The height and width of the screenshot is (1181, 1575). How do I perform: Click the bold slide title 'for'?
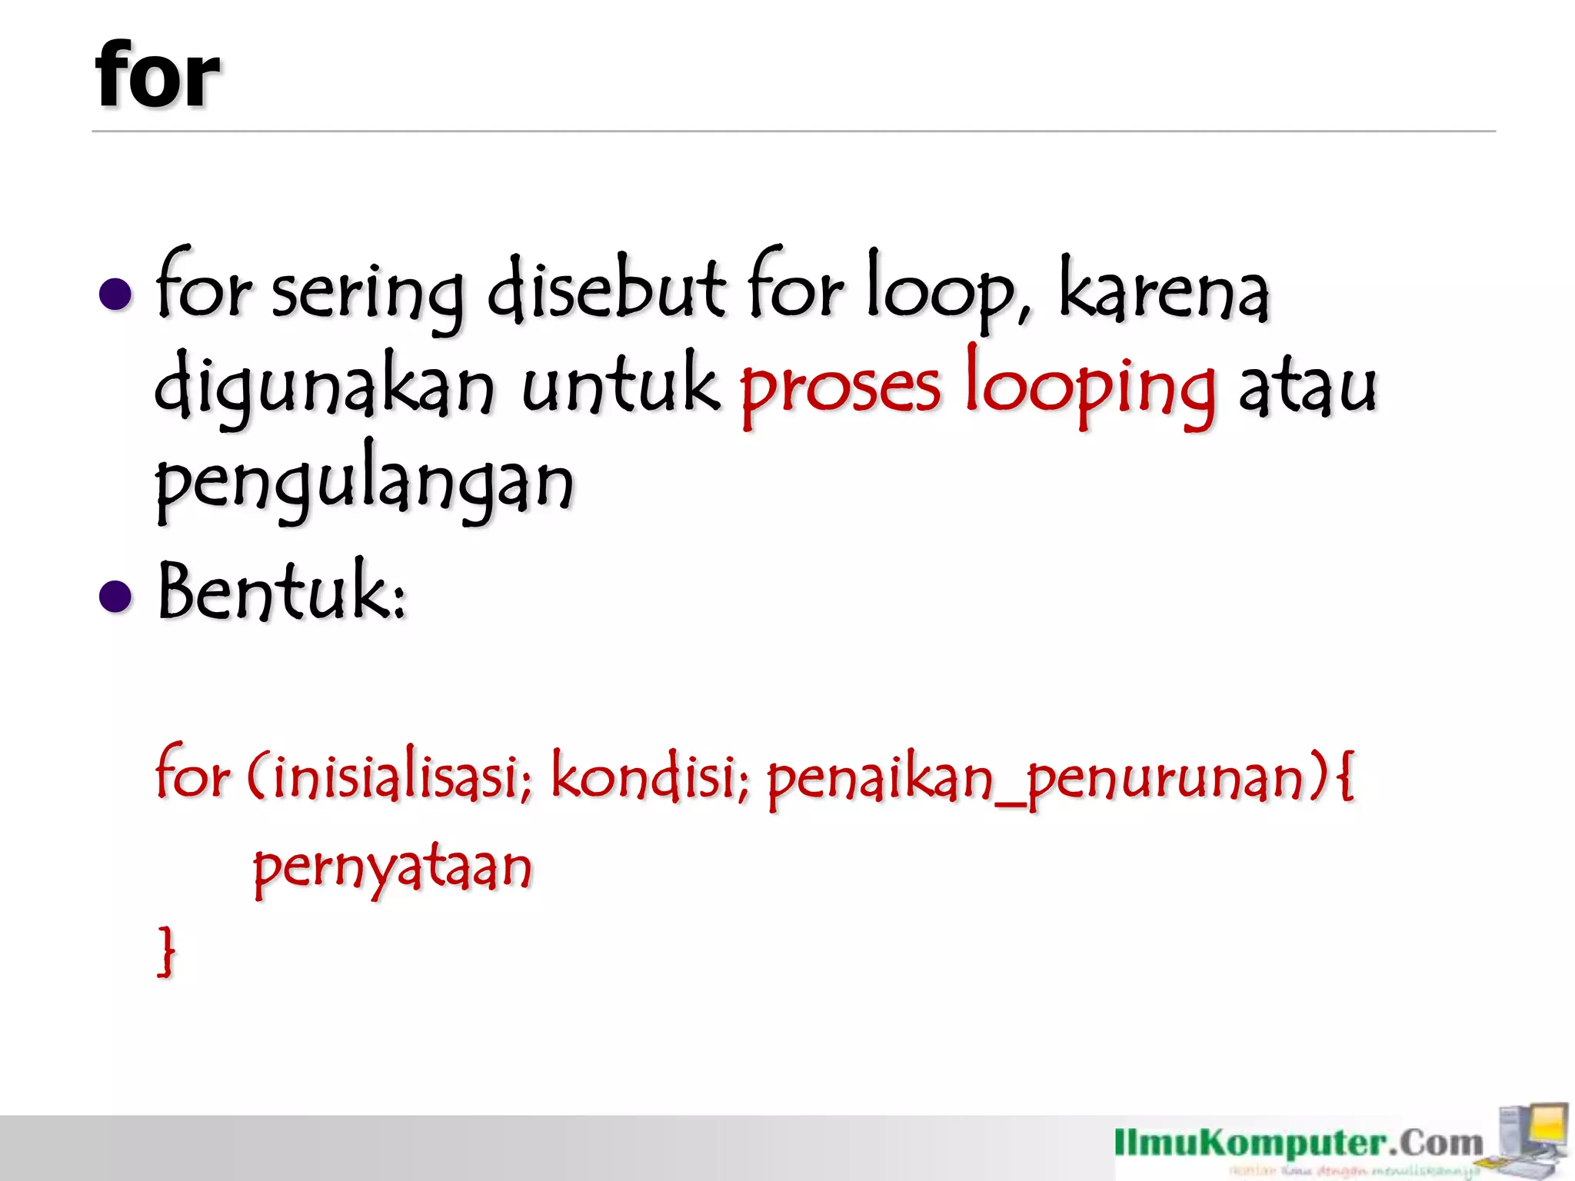click(x=158, y=75)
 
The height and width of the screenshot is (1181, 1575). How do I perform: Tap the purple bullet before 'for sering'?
click(x=116, y=294)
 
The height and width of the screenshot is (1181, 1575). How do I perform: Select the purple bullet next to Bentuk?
click(x=116, y=596)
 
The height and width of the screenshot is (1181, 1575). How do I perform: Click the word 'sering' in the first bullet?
click(x=368, y=295)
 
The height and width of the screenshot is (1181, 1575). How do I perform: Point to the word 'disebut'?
click(x=606, y=289)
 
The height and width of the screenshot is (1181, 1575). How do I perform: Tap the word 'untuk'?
click(x=621, y=384)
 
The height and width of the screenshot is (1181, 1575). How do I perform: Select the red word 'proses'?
click(x=840, y=389)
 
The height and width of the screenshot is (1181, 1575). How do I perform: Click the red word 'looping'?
click(x=1091, y=389)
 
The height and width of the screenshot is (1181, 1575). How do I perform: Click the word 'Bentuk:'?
click(x=281, y=592)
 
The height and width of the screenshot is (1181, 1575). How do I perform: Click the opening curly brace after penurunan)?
click(x=1345, y=777)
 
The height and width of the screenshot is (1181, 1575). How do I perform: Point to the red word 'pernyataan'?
click(x=392, y=869)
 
